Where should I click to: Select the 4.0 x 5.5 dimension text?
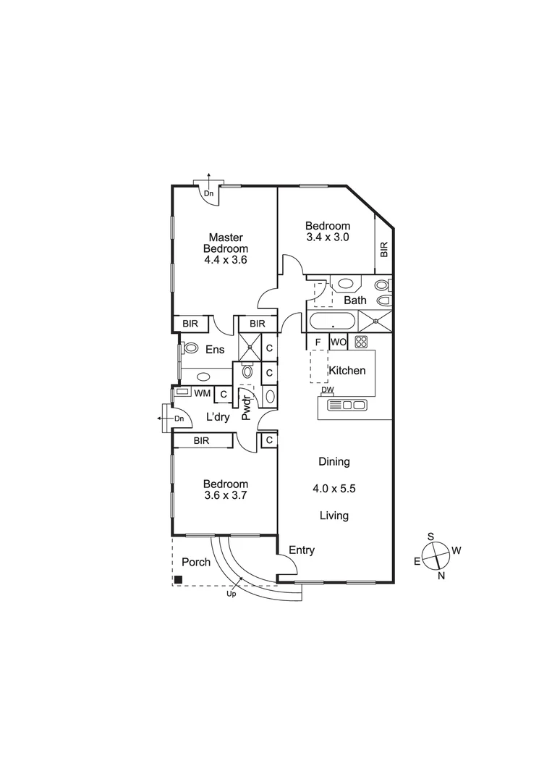pyautogui.click(x=334, y=489)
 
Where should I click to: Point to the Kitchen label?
pyautogui.click(x=347, y=371)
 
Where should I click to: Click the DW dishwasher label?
pyautogui.click(x=328, y=390)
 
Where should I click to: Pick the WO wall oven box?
pyautogui.click(x=338, y=342)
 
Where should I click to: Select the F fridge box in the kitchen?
pyautogui.click(x=317, y=342)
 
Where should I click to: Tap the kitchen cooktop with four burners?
pyautogui.click(x=361, y=342)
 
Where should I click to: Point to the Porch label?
pyautogui.click(x=195, y=562)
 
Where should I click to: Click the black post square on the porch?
pyautogui.click(x=178, y=579)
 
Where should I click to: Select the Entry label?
pyautogui.click(x=302, y=550)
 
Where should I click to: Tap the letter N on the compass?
pyautogui.click(x=441, y=575)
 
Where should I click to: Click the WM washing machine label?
pyautogui.click(x=202, y=392)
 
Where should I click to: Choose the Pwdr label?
pyautogui.click(x=246, y=408)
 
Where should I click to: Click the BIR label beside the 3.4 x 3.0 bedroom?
pyautogui.click(x=384, y=250)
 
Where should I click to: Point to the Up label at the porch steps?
pyautogui.click(x=232, y=594)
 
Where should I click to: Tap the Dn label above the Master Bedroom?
pyautogui.click(x=208, y=193)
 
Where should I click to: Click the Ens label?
pyautogui.click(x=215, y=350)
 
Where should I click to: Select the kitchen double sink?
pyautogui.click(x=353, y=405)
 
